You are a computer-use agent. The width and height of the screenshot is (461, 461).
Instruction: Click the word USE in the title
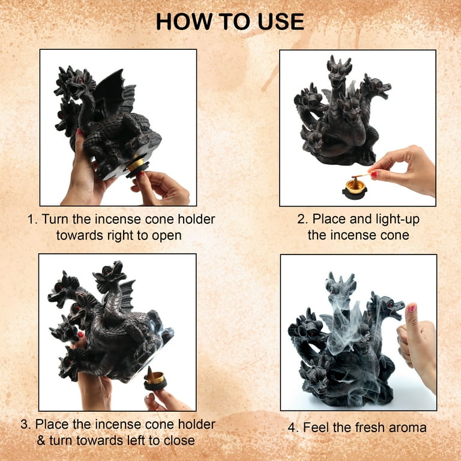point(282,22)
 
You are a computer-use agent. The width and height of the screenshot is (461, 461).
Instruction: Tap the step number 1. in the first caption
point(32,219)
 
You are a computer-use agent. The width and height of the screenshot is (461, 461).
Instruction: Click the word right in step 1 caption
point(121,236)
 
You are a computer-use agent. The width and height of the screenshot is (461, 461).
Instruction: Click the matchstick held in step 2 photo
point(361,176)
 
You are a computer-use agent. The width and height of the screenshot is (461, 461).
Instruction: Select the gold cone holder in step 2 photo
point(355,187)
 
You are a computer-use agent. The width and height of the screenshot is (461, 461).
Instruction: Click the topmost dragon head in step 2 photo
point(339,71)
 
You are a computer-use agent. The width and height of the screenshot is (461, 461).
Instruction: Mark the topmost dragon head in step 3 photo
point(110,274)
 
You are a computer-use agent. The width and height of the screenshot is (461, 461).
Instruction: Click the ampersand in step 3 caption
point(41,441)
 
